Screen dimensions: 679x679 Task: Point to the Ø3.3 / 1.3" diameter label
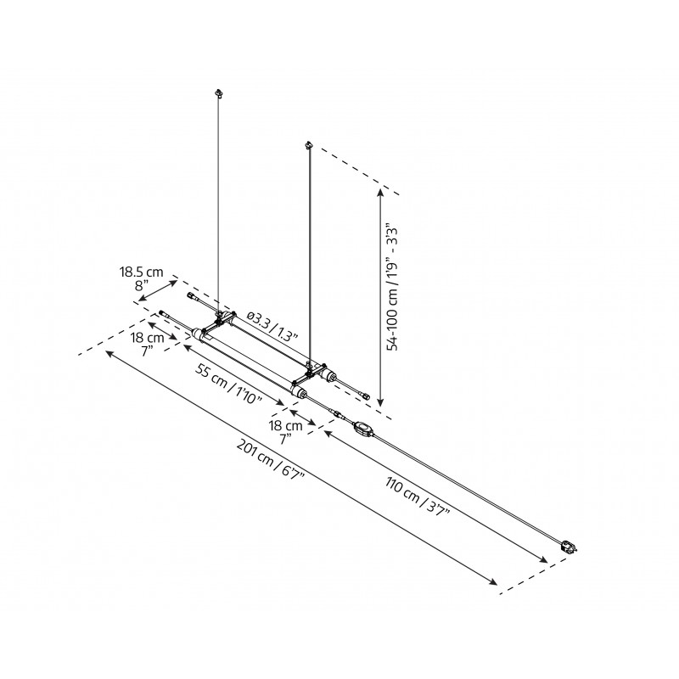pyautogui.click(x=273, y=326)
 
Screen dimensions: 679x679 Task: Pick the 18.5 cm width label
pyautogui.click(x=140, y=272)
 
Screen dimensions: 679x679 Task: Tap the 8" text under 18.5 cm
pyautogui.click(x=142, y=286)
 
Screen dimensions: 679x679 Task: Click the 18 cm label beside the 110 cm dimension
pyautogui.click(x=286, y=425)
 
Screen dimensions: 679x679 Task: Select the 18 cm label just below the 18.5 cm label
pyautogui.click(x=149, y=338)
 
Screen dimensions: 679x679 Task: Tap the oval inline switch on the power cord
pyautogui.click(x=362, y=430)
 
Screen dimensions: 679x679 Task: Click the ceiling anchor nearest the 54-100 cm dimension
pyautogui.click(x=310, y=147)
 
